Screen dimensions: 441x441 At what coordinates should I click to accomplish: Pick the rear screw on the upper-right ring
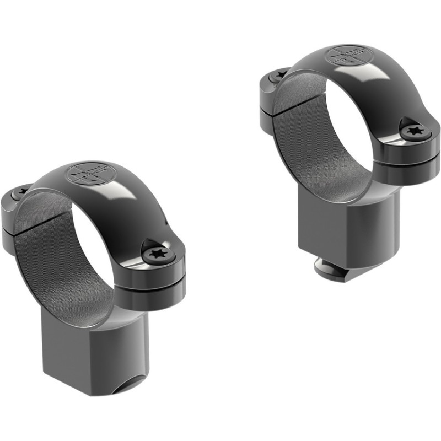point(281,75)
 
